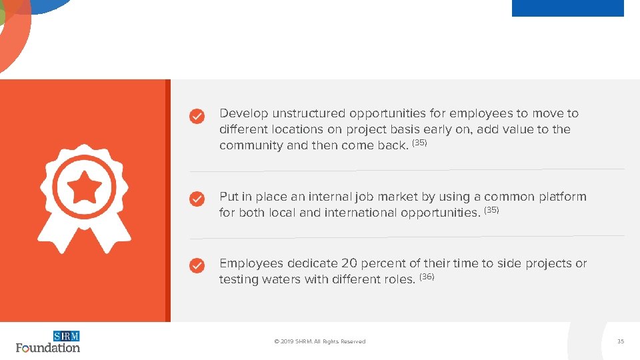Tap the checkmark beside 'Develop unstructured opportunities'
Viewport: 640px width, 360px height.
coord(197,117)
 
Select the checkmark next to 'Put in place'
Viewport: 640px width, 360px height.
coord(197,199)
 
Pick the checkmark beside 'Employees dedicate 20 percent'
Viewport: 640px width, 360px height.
coord(197,266)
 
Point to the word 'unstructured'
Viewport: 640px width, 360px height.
coord(309,113)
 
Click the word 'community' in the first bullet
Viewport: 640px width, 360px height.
coord(251,145)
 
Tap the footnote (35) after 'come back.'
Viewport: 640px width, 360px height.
coord(419,143)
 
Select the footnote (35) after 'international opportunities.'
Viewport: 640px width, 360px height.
coord(491,210)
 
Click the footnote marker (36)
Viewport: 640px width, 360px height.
coord(427,277)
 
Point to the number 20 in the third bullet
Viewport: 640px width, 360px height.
coord(349,263)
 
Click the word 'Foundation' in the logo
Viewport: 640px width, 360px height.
coord(48,347)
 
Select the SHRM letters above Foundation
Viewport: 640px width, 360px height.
coord(66,336)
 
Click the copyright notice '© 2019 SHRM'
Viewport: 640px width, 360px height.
coord(320,341)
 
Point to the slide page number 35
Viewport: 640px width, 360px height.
coord(621,341)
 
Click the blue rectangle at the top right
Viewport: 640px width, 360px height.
coord(567,8)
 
